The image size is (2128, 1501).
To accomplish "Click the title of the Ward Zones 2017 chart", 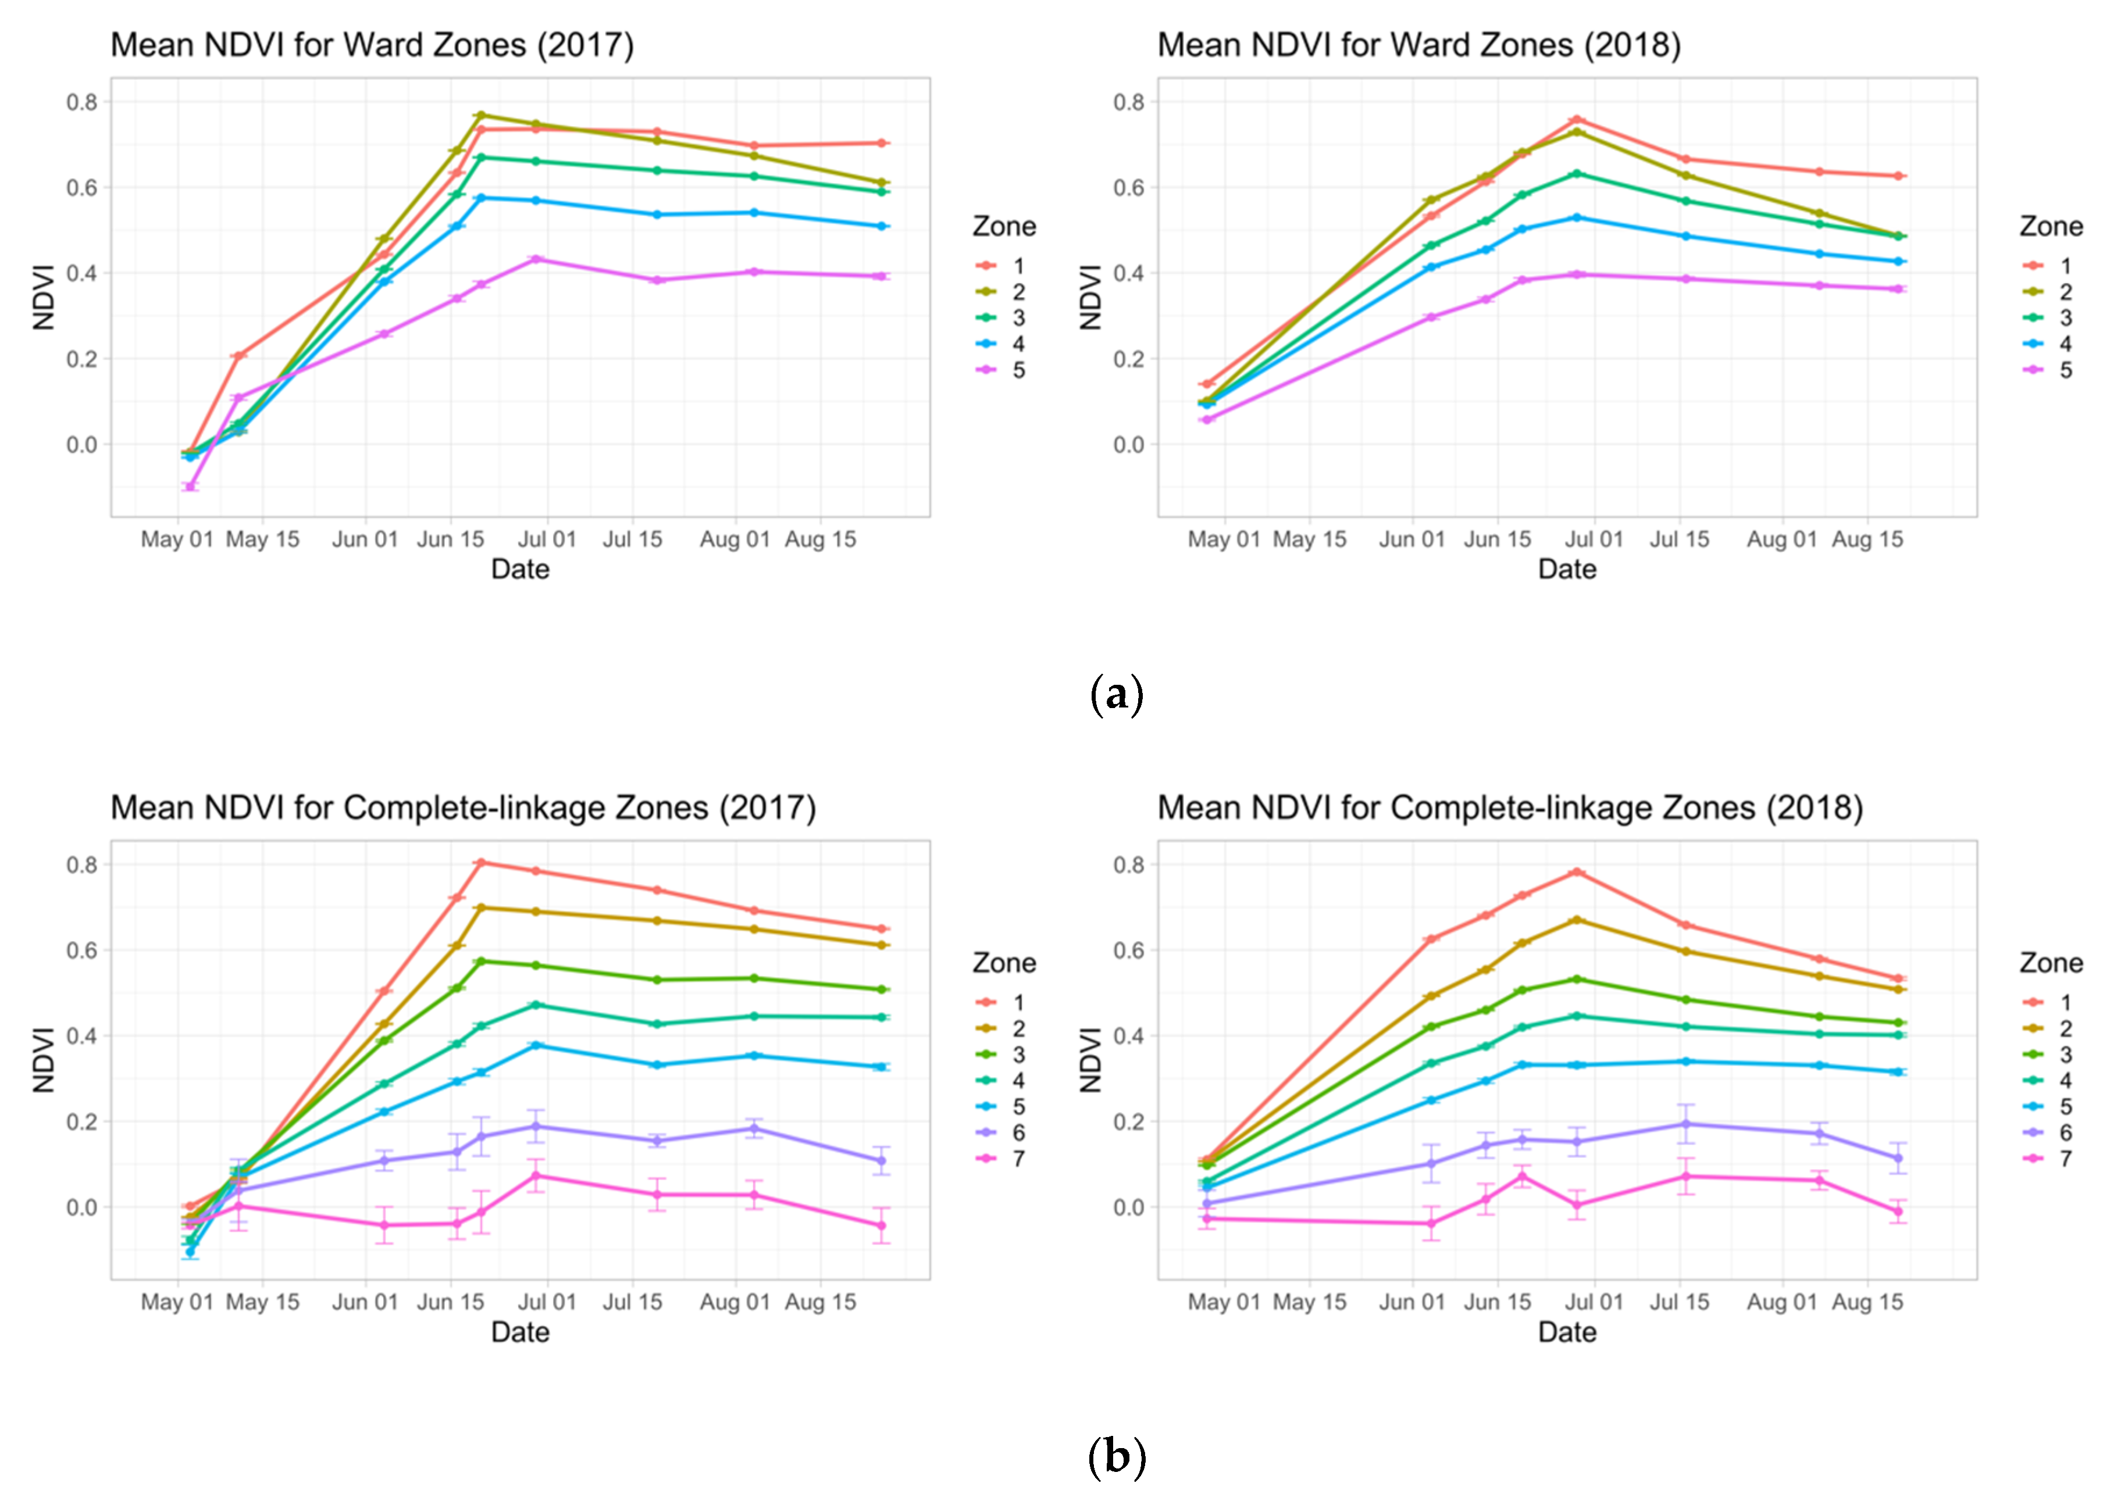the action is pos(372,45).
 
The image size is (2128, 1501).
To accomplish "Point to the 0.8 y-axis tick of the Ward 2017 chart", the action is pos(81,102).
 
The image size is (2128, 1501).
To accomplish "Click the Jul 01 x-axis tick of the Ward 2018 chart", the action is pos(1594,539).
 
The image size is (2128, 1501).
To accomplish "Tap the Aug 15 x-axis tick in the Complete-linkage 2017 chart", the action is pos(820,1302).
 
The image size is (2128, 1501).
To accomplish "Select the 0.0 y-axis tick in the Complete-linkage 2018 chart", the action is pos(1129,1207).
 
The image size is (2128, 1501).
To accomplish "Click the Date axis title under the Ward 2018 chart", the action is pos(1567,569).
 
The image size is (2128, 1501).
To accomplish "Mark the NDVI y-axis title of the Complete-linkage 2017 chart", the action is pos(44,1060).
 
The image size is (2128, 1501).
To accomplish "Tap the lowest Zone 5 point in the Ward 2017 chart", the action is pos(190,487).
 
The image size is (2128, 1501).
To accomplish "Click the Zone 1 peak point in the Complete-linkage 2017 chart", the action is pos(480,863).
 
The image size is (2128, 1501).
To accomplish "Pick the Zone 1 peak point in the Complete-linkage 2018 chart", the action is pos(1575,872).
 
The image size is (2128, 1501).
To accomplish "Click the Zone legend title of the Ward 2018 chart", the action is pos(2051,226).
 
